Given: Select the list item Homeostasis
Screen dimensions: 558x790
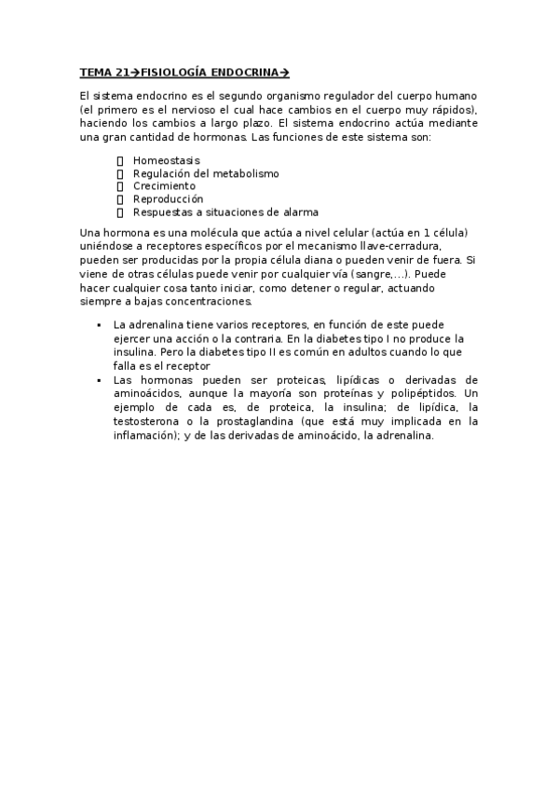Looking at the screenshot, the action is click(x=166, y=160).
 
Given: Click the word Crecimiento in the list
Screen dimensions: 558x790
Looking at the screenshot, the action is click(x=164, y=185).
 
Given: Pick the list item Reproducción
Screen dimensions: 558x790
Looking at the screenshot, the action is click(x=168, y=198).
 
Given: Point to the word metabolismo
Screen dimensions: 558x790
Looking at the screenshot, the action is click(x=245, y=173).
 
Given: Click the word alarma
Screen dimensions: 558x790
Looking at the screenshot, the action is click(x=296, y=211).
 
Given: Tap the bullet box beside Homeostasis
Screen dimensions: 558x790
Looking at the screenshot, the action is click(x=120, y=160).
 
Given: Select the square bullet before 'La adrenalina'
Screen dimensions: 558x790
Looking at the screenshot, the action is click(x=98, y=325).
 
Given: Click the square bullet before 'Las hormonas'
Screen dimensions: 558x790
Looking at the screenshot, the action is click(x=98, y=380).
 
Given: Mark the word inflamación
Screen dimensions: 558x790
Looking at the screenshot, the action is click(x=151, y=434).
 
